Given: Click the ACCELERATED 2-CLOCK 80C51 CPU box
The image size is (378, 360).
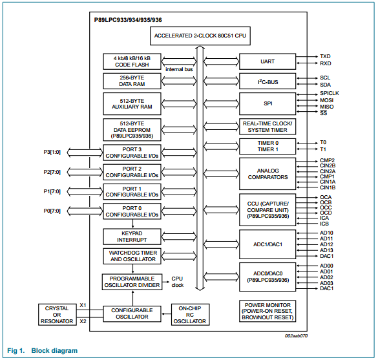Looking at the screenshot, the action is (x=200, y=36).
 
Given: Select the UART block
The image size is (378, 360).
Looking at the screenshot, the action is (x=268, y=61).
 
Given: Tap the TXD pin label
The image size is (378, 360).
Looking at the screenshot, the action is (x=325, y=56).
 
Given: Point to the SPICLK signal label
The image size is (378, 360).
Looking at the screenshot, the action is (x=330, y=93).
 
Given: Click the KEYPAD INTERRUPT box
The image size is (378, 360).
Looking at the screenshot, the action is (x=132, y=237).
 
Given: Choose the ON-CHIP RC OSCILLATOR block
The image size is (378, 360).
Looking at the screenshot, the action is (x=190, y=315).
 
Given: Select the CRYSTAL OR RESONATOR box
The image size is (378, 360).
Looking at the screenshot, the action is (x=57, y=315).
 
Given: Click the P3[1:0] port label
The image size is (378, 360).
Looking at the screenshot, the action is (x=52, y=152).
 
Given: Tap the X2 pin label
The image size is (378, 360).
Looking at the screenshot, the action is (x=83, y=321).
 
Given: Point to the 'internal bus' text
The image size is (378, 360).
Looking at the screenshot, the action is (x=179, y=69).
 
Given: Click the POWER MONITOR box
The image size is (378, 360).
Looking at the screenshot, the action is (x=268, y=311).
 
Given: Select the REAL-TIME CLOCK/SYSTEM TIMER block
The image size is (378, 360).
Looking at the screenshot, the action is (x=268, y=127).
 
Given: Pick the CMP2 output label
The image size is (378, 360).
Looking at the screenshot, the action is (x=327, y=160).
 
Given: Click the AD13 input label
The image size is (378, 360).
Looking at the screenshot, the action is (x=326, y=250).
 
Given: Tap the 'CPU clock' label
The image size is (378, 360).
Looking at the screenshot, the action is (x=178, y=282).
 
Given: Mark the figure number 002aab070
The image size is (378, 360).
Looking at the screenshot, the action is (x=296, y=336).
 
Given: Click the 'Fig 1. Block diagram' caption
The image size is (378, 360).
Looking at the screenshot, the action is (x=43, y=350).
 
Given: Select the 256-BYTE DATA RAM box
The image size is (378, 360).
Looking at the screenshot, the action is (x=132, y=81).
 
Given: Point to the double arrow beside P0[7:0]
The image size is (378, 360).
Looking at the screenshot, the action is (x=85, y=211).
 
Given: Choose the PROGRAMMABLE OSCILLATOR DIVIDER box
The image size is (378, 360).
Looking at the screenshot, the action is (x=132, y=282).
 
